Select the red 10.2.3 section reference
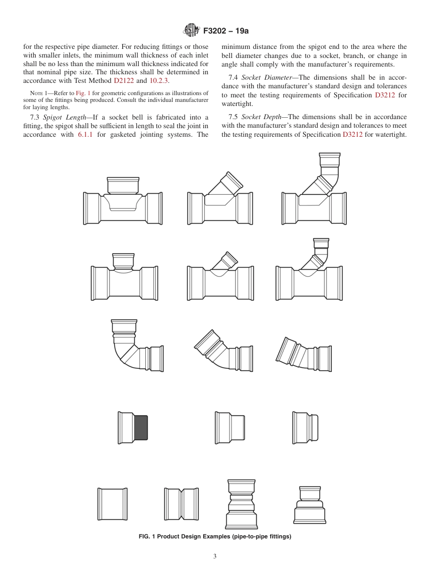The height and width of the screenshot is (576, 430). [x=159, y=81]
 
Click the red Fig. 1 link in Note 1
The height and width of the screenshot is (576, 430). [x=83, y=93]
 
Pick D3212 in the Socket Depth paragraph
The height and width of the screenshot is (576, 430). [x=353, y=134]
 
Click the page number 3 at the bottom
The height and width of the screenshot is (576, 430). [x=215, y=556]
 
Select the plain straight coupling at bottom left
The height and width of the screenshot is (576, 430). [x=112, y=504]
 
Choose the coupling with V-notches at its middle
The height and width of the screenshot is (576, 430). [x=181, y=504]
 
